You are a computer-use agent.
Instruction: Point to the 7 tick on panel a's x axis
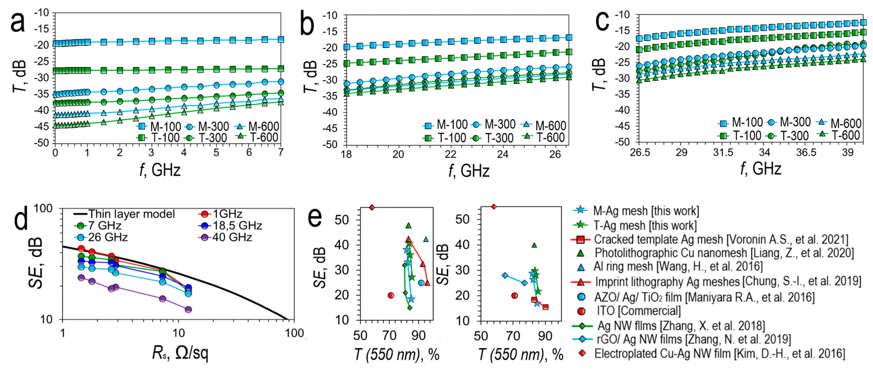coord(281,152)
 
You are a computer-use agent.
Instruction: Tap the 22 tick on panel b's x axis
coord(451,154)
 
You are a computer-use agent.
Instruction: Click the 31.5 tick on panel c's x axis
coord(723,152)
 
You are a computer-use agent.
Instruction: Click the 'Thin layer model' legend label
coord(131,214)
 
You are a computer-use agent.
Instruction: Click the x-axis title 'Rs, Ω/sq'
coord(180,354)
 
